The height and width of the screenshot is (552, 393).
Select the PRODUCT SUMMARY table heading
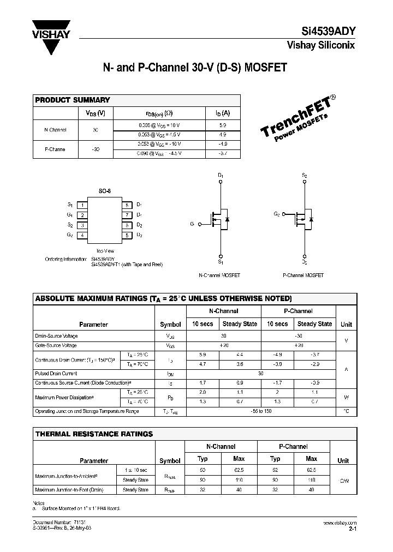pyautogui.click(x=73, y=100)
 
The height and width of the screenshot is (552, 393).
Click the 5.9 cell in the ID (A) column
pyautogui.click(x=222, y=125)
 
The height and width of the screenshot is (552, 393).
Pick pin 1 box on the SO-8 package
pyautogui.click(x=81, y=205)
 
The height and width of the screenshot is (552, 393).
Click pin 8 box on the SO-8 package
pyautogui.click(x=126, y=205)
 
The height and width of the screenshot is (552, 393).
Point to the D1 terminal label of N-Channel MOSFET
pyautogui.click(x=221, y=176)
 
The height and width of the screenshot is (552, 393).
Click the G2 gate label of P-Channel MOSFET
pyautogui.click(x=277, y=215)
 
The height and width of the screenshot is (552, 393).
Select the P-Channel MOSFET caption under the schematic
pyautogui.click(x=303, y=275)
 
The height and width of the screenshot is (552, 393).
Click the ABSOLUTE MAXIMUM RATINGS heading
pyautogui.click(x=163, y=299)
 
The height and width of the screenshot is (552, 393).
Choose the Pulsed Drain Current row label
pyautogui.click(x=56, y=374)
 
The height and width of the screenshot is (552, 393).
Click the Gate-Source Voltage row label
pyautogui.click(x=56, y=345)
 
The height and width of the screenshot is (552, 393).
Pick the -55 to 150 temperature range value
pyautogui.click(x=261, y=411)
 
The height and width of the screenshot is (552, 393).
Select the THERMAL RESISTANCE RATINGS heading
pyautogui.click(x=94, y=434)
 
